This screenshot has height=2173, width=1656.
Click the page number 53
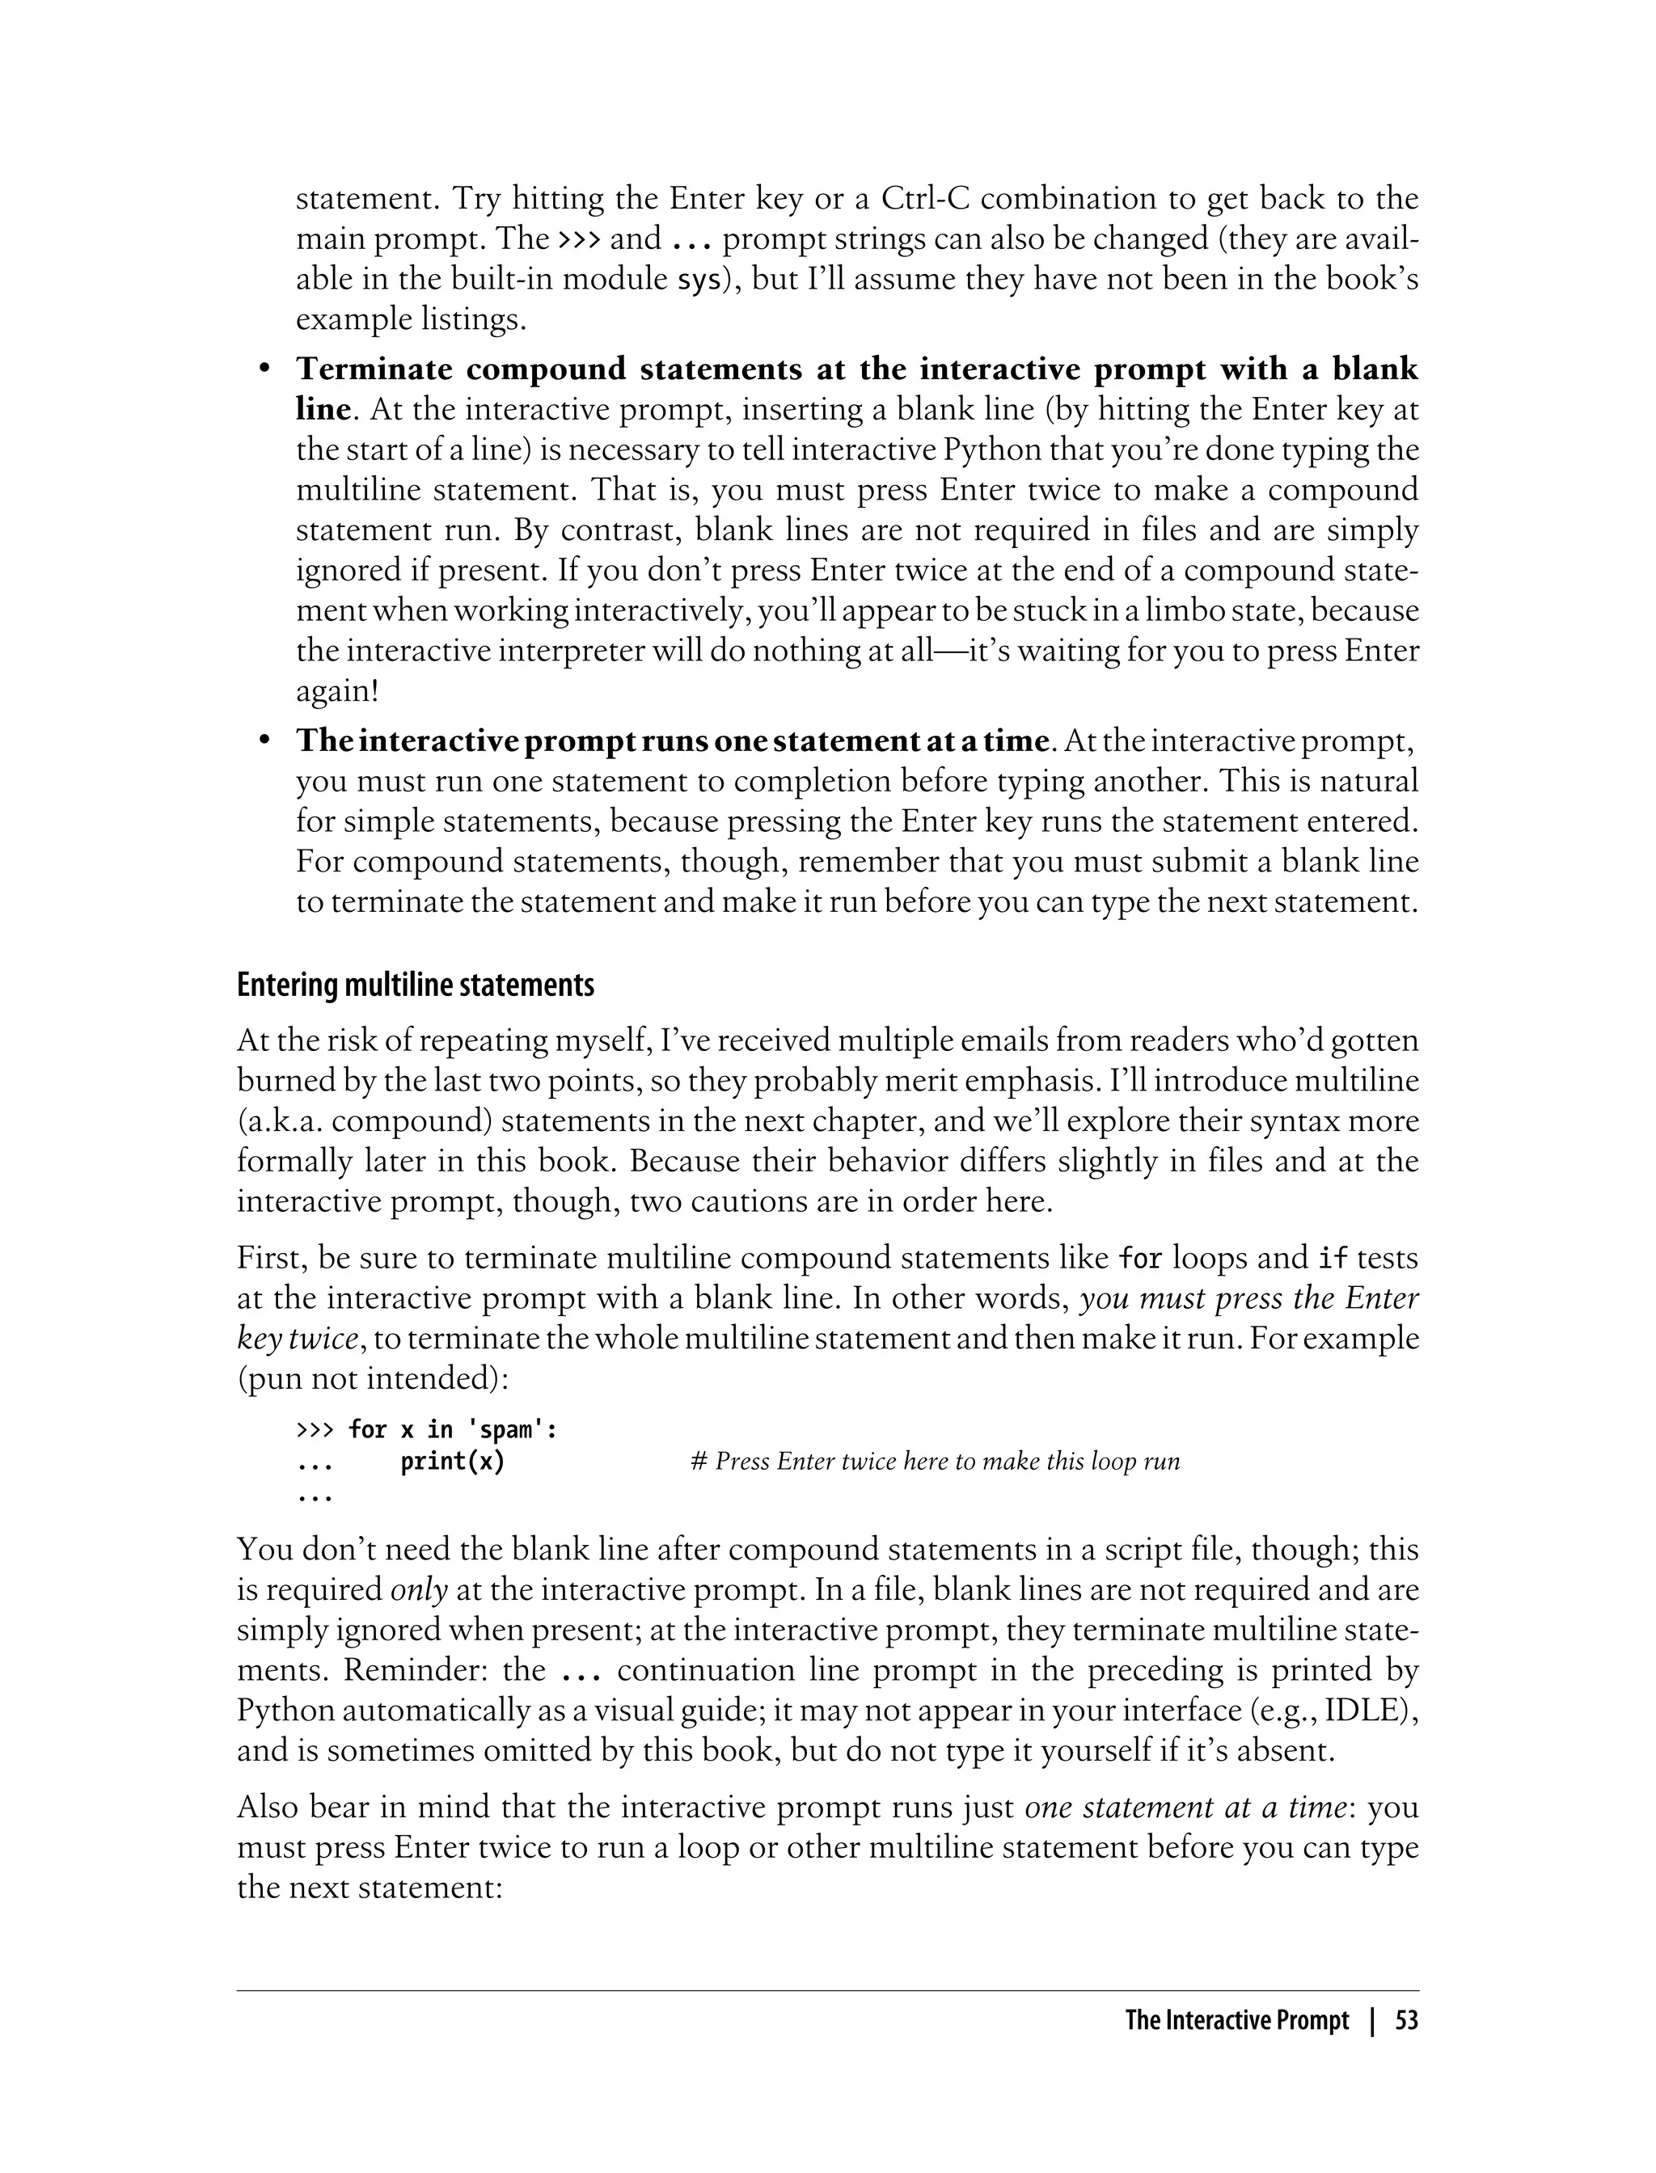tap(1407, 2021)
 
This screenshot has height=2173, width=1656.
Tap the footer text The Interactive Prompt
tap(1236, 2021)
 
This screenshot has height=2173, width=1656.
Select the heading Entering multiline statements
tap(415, 985)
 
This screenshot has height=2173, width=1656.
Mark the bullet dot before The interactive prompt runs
tap(263, 741)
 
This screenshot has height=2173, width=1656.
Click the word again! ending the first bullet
tap(337, 692)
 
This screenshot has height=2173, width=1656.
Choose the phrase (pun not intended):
tap(373, 1378)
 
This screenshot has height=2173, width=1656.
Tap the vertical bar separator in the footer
tap(1371, 2021)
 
